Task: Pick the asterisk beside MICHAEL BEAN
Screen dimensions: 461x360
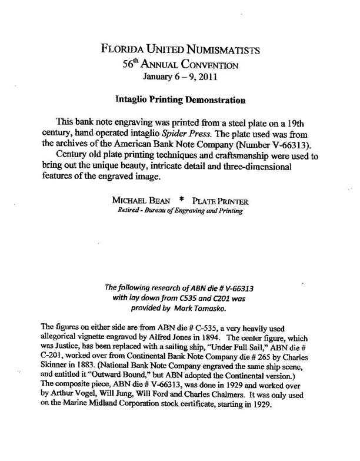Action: click(175, 200)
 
